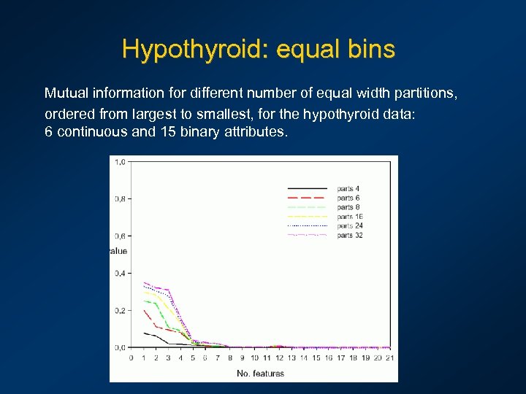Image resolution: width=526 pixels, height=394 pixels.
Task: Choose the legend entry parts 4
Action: click(348, 189)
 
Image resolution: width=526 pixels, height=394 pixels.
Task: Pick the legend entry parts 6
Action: click(348, 198)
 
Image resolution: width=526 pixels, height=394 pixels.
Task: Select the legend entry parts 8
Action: click(348, 207)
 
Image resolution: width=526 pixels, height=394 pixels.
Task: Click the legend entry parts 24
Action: click(350, 225)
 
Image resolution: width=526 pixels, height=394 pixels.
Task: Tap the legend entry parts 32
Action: click(350, 235)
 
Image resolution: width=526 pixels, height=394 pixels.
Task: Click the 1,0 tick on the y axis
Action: click(119, 162)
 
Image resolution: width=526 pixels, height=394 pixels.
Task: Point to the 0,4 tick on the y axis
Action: click(119, 273)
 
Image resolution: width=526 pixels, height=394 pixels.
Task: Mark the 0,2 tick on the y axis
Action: click(119, 310)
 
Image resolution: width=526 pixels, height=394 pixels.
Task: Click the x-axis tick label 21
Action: click(389, 358)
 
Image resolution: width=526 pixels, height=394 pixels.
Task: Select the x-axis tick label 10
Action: click(254, 358)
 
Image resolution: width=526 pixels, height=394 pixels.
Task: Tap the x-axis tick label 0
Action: click(131, 358)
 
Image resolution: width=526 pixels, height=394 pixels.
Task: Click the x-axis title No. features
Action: click(260, 374)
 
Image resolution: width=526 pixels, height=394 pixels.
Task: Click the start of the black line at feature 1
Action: click(144, 333)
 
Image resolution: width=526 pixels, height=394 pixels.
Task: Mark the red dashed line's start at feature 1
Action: click(144, 310)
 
